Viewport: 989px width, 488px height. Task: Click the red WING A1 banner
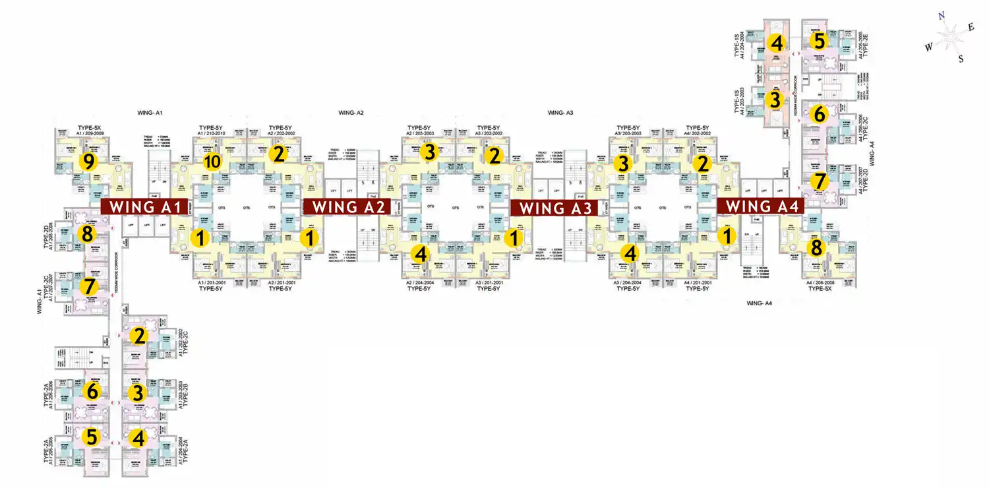(x=144, y=206)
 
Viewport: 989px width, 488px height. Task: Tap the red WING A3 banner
(x=554, y=208)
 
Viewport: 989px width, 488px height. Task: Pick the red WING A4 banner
(x=762, y=206)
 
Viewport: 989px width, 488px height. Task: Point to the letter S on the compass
(x=961, y=59)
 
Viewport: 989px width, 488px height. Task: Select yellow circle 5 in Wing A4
(x=818, y=41)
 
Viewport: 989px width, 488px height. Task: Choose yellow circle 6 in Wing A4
(x=818, y=113)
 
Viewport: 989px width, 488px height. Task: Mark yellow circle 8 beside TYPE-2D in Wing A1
(x=86, y=233)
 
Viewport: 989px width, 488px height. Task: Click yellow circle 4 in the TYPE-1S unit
(x=776, y=44)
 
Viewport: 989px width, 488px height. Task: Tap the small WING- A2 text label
(x=351, y=113)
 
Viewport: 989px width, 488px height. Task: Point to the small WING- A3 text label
(x=560, y=113)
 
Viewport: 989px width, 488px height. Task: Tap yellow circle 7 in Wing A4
(x=818, y=181)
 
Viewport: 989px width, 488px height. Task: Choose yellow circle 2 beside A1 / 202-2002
(x=138, y=336)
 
